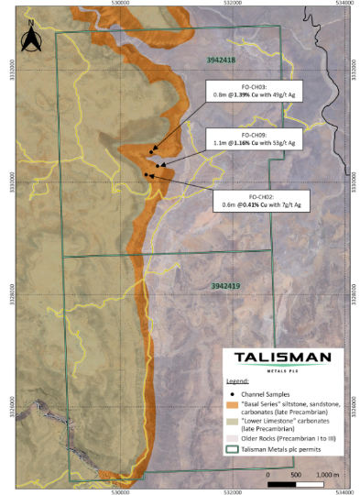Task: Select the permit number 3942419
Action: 224,286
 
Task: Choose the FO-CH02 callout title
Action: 259,197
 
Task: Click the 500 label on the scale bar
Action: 296,475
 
